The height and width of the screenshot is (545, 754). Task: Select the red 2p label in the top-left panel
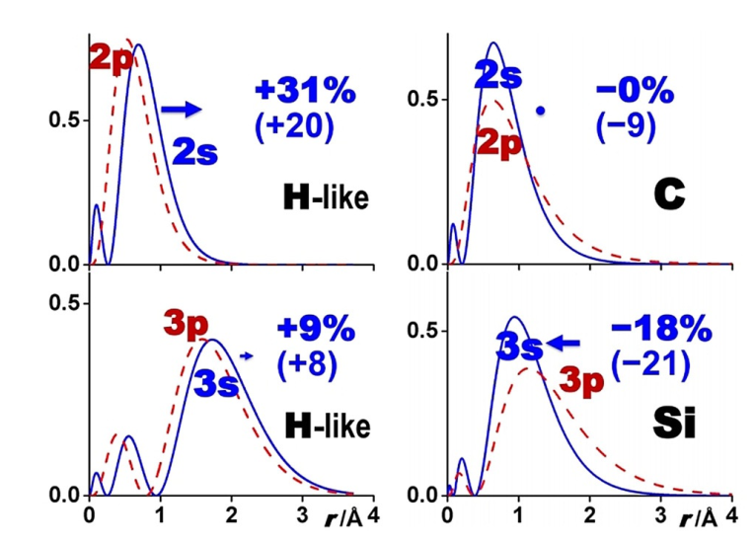point(111,56)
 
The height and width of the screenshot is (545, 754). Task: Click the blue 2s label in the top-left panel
point(195,151)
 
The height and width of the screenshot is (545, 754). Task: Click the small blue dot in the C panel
point(540,111)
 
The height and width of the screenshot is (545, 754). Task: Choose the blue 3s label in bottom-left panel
point(215,383)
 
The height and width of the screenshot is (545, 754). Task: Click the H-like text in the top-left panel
point(326,199)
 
